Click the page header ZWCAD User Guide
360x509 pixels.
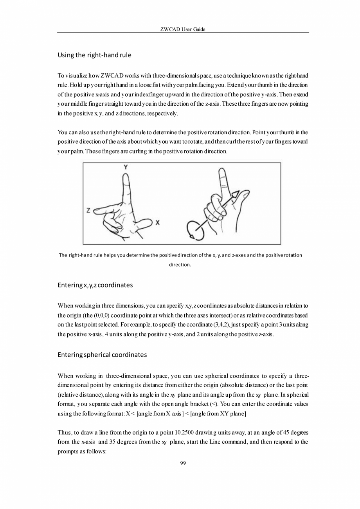coord(183,29)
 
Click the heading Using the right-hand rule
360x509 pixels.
coord(94,55)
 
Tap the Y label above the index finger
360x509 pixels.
coord(125,167)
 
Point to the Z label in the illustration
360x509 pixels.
coord(88,211)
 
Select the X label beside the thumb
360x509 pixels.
coord(157,222)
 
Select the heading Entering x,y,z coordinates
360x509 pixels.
coord(95,285)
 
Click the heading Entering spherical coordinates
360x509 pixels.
coord(102,355)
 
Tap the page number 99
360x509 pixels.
coord(183,463)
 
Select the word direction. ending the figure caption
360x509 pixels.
coord(180,265)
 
